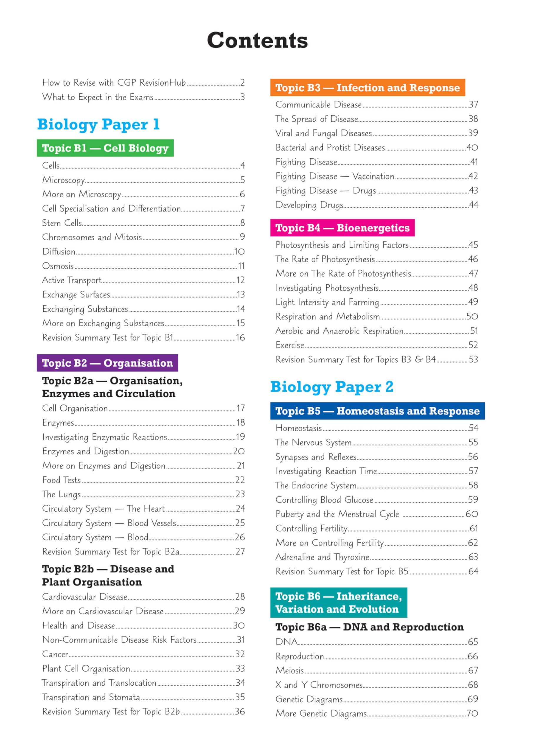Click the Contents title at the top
click(x=257, y=40)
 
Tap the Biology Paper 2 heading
click(x=331, y=387)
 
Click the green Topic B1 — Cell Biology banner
click(x=105, y=148)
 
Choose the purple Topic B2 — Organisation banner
click(x=107, y=363)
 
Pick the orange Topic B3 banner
click(x=368, y=88)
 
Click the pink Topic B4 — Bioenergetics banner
click(x=342, y=228)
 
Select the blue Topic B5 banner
click(x=377, y=411)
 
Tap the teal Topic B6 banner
click(x=339, y=603)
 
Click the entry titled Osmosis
click(x=58, y=266)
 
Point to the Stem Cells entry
click(x=62, y=223)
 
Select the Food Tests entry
click(x=62, y=480)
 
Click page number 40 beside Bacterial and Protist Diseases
click(x=472, y=148)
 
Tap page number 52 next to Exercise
click(x=473, y=345)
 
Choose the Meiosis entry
click(x=289, y=670)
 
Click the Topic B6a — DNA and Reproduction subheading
click(x=370, y=627)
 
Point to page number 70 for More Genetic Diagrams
click(x=472, y=713)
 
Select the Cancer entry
click(x=55, y=654)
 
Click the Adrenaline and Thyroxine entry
click(x=322, y=557)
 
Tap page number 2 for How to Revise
click(x=242, y=82)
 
